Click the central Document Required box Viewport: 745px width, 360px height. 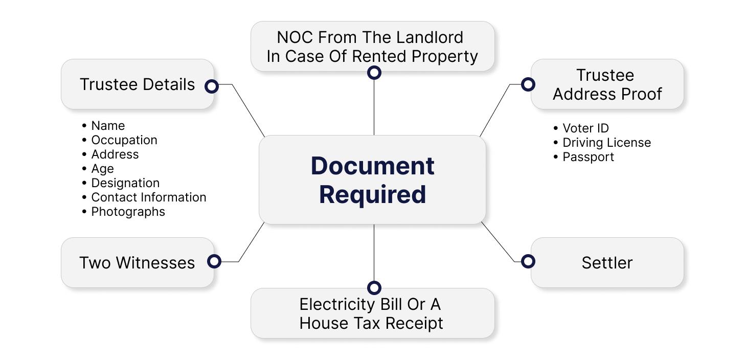372,180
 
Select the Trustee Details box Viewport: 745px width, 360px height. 137,84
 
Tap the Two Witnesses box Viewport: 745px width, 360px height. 137,262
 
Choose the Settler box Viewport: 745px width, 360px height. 607,262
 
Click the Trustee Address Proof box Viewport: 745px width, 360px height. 607,84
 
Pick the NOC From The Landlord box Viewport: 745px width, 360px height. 372,47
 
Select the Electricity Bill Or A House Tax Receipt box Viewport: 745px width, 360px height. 372,313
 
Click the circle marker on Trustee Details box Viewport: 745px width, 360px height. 212,86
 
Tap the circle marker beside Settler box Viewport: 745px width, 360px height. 528,261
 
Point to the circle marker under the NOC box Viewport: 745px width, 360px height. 374,73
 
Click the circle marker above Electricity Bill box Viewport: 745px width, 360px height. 374,287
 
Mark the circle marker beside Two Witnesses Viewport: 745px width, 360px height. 214,261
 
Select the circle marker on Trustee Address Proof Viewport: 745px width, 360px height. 528,84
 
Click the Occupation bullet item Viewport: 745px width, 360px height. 124,140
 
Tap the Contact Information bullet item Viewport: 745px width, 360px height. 148,197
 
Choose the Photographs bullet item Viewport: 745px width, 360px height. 128,212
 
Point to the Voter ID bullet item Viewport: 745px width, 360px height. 585,128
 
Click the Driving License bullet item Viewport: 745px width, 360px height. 606,143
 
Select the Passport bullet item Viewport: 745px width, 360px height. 588,157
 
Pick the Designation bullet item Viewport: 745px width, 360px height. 125,183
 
